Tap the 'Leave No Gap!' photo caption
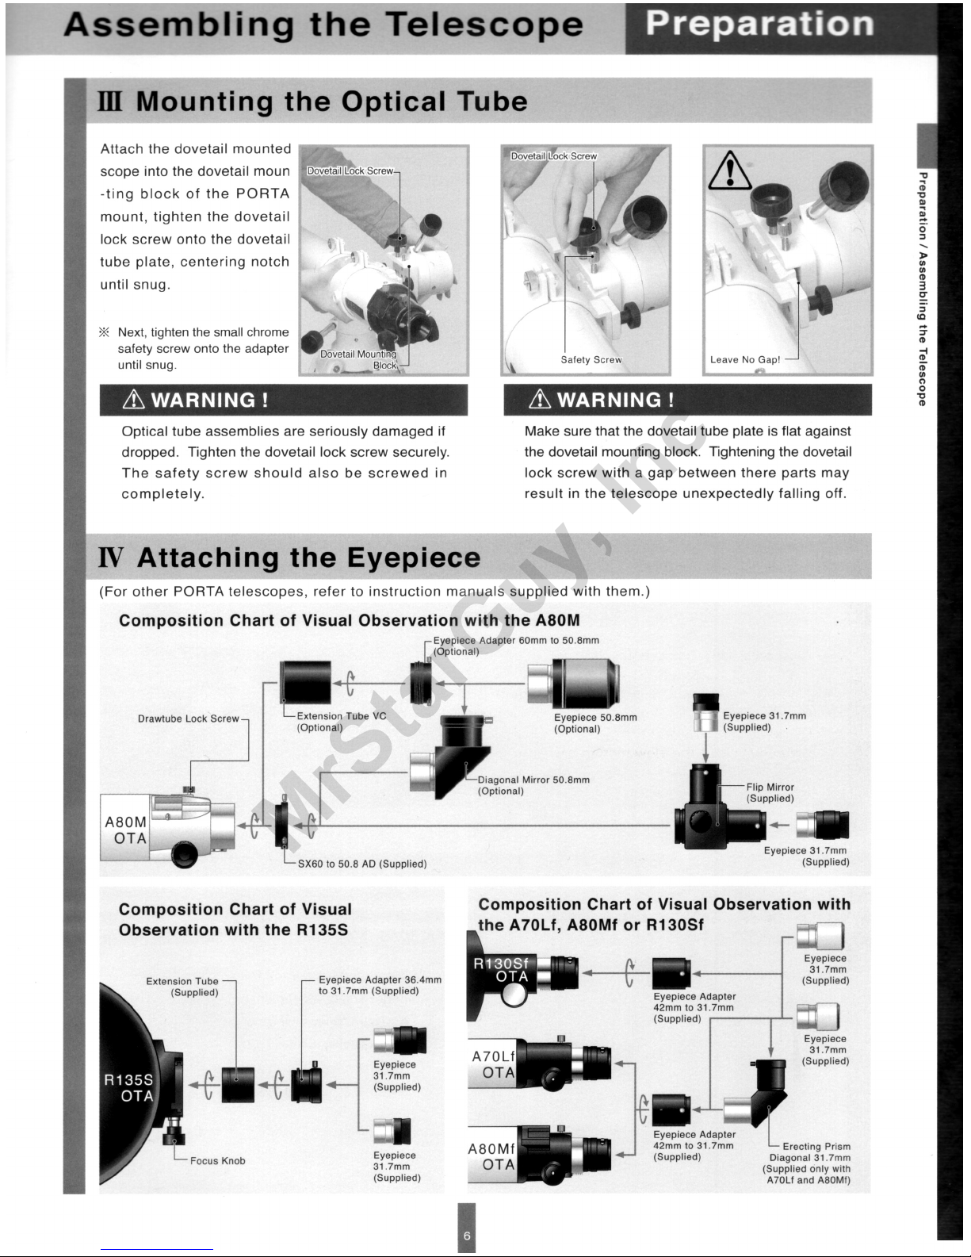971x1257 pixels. (x=745, y=359)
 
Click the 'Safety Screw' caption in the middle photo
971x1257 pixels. (x=591, y=359)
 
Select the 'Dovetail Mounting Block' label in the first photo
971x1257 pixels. (x=357, y=359)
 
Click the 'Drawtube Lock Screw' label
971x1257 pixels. (x=188, y=719)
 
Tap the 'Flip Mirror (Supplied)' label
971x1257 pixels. (x=770, y=793)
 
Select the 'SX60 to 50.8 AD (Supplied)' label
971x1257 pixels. (x=362, y=864)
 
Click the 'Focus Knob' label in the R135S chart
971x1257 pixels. (x=218, y=1161)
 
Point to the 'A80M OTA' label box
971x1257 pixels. (x=126, y=830)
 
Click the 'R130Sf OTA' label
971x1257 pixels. (x=505, y=970)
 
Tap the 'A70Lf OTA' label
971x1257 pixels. (x=493, y=1064)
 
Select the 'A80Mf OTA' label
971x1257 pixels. (x=492, y=1157)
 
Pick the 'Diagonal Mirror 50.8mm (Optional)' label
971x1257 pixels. (x=533, y=785)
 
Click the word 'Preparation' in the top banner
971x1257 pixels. (x=759, y=24)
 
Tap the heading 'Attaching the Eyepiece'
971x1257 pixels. (x=309, y=558)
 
